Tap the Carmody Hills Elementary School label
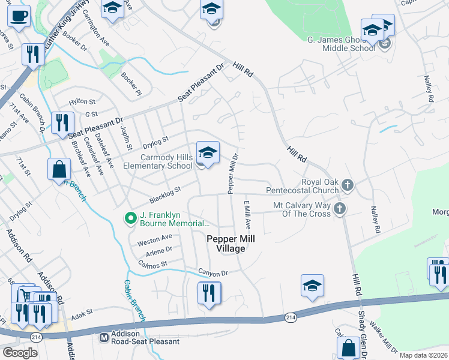pyautogui.click(x=158, y=161)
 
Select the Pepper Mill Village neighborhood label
pyautogui.click(x=231, y=244)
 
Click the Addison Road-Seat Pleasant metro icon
pyautogui.click(x=104, y=337)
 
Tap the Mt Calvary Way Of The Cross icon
pyautogui.click(x=340, y=209)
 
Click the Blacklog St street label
pyautogui.click(x=165, y=194)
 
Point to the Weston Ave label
pyautogui.click(x=150, y=241)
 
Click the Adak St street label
pyautogui.click(x=83, y=313)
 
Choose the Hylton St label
pyautogui.click(x=82, y=103)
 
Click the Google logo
pyautogui.click(x=20, y=353)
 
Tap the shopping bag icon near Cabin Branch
pyautogui.click(x=60, y=169)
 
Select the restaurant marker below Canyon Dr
pyautogui.click(x=208, y=293)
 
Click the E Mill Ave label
pyautogui.click(x=247, y=215)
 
